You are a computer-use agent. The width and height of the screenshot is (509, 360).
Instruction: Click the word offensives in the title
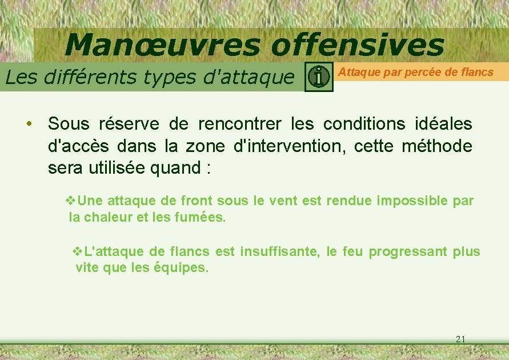pyautogui.click(x=357, y=45)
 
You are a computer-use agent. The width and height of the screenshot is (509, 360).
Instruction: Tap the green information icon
pyautogui.click(x=319, y=77)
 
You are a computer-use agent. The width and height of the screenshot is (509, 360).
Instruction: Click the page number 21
pyautogui.click(x=461, y=339)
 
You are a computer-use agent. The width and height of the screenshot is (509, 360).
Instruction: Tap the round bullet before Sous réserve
pyautogui.click(x=28, y=123)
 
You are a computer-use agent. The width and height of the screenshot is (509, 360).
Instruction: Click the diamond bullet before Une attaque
pyautogui.click(x=71, y=201)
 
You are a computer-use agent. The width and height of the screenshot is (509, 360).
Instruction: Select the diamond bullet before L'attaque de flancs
pyautogui.click(x=79, y=251)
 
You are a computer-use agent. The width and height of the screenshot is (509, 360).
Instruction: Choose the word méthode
pyautogui.click(x=437, y=146)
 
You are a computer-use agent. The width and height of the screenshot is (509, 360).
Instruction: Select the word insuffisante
pyautogui.click(x=279, y=251)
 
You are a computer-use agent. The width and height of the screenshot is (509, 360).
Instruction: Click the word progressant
pyautogui.click(x=406, y=251)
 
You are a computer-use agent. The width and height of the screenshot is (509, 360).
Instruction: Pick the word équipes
pyautogui.click(x=182, y=267)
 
